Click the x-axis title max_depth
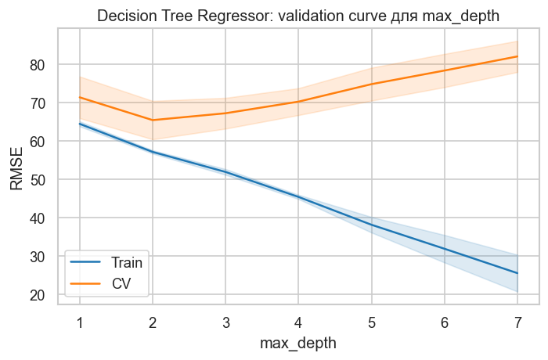tap(298, 343)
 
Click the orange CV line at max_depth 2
tap(153, 120)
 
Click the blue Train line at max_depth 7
tap(517, 273)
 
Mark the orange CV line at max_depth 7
tap(517, 56)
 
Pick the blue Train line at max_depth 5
tap(372, 225)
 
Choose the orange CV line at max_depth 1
tap(79, 97)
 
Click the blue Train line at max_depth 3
tap(225, 171)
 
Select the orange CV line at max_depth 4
tap(298, 102)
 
